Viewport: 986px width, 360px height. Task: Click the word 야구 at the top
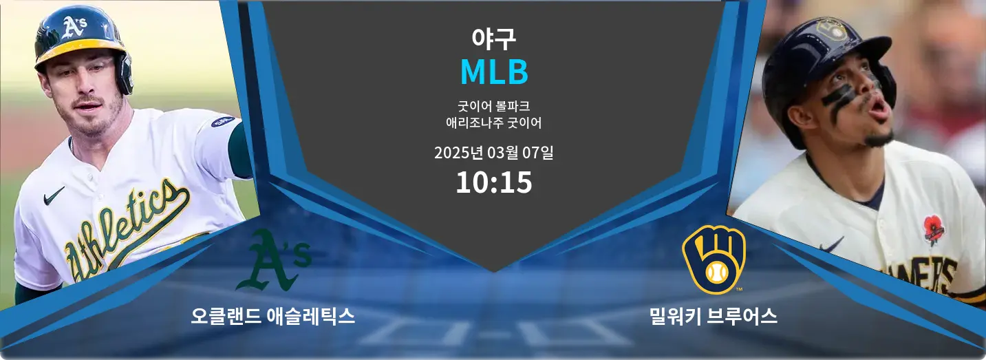click(493, 39)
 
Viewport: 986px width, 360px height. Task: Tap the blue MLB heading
click(494, 72)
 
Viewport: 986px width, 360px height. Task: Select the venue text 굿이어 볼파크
click(493, 106)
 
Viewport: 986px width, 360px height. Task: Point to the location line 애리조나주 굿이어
click(493, 123)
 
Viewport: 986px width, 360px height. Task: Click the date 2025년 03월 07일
click(493, 153)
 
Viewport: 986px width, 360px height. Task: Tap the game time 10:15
click(494, 182)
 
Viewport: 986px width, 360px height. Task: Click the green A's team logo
click(273, 260)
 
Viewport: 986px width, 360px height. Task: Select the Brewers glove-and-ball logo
click(714, 260)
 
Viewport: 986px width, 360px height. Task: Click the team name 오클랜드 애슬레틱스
click(273, 316)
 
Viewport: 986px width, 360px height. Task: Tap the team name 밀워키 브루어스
click(713, 316)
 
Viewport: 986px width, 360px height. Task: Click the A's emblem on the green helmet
click(74, 26)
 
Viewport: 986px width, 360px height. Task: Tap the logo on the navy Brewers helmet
click(831, 30)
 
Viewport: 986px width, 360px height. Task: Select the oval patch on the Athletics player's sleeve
click(223, 121)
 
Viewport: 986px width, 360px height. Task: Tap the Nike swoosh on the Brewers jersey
click(831, 244)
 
